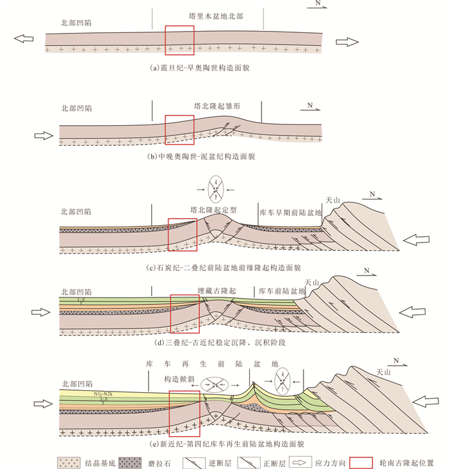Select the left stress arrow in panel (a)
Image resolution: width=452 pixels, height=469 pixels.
tap(24, 39)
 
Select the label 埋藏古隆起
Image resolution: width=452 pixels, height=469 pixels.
tap(216, 292)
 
